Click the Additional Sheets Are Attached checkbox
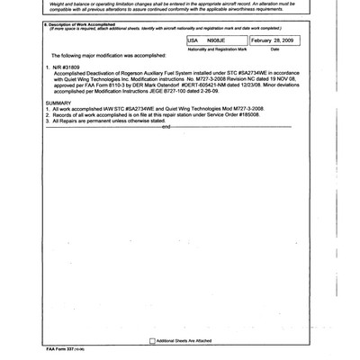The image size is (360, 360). point(152,341)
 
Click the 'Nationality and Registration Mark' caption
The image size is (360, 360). point(216,50)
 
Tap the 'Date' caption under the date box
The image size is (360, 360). point(275,50)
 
